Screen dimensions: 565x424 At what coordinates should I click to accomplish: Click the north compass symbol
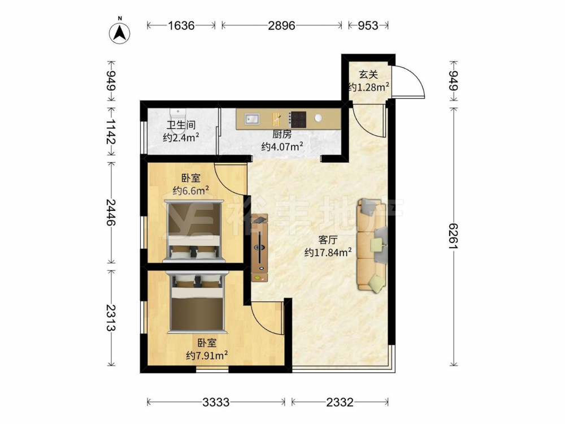coord(119,33)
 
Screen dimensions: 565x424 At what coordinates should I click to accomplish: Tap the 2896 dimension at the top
coord(281,25)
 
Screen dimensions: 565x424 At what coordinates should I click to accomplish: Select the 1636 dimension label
coord(181,25)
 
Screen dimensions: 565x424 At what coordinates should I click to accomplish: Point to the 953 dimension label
coord(368,25)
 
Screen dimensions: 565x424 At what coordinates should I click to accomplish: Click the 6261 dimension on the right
coord(453,236)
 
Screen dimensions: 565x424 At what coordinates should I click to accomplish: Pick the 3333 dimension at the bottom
coord(215,402)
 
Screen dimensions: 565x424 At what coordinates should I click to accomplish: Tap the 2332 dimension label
coord(340,402)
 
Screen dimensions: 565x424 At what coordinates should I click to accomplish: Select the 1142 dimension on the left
coord(111,132)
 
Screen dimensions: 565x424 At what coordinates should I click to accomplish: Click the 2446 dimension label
coord(111,212)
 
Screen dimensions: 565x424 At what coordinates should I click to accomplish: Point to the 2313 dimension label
coord(111,318)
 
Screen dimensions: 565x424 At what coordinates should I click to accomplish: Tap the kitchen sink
coord(252,119)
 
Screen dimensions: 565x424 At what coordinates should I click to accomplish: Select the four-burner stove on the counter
coord(298,119)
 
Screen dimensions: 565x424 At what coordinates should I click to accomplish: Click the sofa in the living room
coord(372,245)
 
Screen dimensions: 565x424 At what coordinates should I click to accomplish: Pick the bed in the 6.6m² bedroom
coord(193,231)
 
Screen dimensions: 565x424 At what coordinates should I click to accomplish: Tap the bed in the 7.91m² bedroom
coord(197,302)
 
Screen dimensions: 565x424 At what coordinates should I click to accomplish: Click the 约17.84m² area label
coord(328,252)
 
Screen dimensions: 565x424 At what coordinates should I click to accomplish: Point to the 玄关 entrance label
coord(368,75)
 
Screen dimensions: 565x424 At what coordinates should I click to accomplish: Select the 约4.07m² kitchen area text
coord(282,146)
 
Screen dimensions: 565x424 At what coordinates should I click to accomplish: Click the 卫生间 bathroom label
coord(181,125)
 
